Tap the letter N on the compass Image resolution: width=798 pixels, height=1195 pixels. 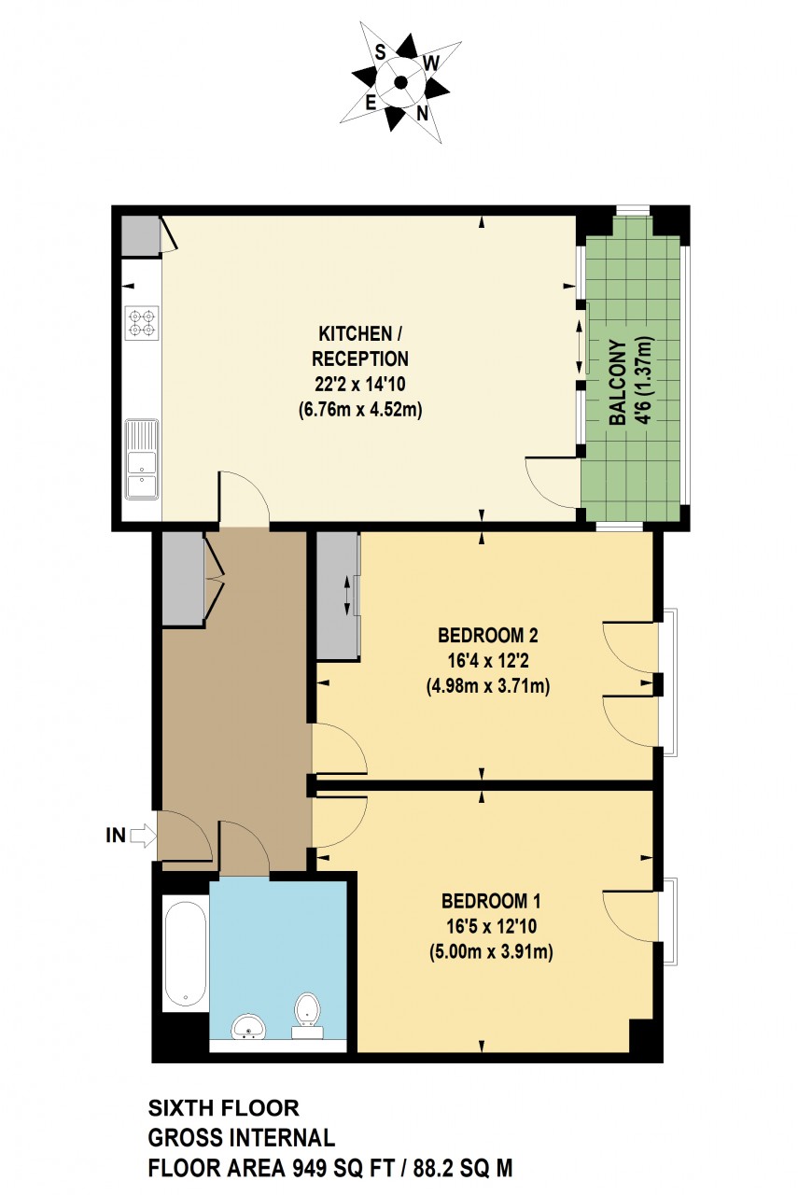(x=423, y=114)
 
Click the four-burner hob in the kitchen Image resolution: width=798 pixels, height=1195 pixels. (x=141, y=323)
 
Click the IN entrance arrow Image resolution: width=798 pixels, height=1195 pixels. (x=142, y=836)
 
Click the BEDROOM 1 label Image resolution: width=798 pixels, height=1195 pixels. (x=491, y=902)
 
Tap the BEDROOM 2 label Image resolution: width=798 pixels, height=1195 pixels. (x=488, y=637)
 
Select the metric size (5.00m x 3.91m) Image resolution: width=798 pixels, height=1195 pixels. (x=491, y=953)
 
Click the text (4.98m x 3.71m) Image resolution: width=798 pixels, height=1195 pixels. (x=488, y=688)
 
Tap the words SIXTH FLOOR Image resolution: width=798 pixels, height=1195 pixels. (x=224, y=1108)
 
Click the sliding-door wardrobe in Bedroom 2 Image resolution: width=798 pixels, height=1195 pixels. (x=337, y=596)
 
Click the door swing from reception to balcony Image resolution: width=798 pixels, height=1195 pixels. (x=551, y=481)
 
